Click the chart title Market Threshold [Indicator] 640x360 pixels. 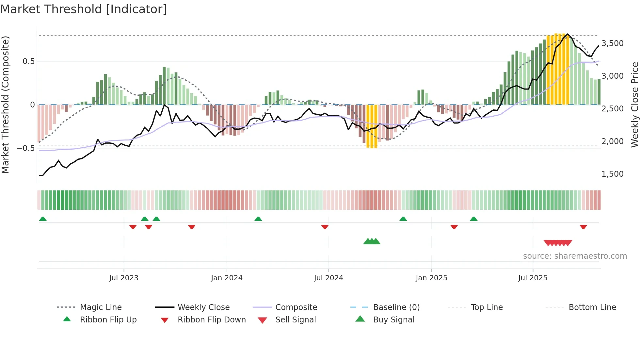pyautogui.click(x=84, y=9)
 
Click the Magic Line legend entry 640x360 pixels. pyautogui.click(x=101, y=307)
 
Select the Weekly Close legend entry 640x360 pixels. pyautogui.click(x=203, y=307)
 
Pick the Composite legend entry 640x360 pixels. pyautogui.click(x=296, y=307)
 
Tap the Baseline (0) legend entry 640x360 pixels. pyautogui.click(x=396, y=307)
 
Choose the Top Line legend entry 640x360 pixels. pyautogui.click(x=487, y=307)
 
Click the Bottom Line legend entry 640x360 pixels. pyautogui.click(x=592, y=307)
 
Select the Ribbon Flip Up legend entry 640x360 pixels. pyautogui.click(x=108, y=319)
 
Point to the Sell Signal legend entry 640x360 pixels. pyautogui.click(x=296, y=319)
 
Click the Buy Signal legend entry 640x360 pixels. pyautogui.click(x=393, y=319)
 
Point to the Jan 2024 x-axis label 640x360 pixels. pyautogui.click(x=227, y=278)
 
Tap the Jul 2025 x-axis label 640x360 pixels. pyautogui.click(x=533, y=278)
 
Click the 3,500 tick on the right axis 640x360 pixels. pyautogui.click(x=612, y=43)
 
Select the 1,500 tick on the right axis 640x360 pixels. pyautogui.click(x=612, y=174)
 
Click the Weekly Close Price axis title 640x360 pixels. pyautogui.click(x=634, y=105)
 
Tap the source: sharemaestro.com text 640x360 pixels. pyautogui.click(x=575, y=256)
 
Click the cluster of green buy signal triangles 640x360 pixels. pyautogui.click(x=372, y=241)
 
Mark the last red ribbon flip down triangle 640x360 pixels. pyautogui.click(x=583, y=227)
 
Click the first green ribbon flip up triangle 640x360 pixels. pyautogui.click(x=43, y=219)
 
